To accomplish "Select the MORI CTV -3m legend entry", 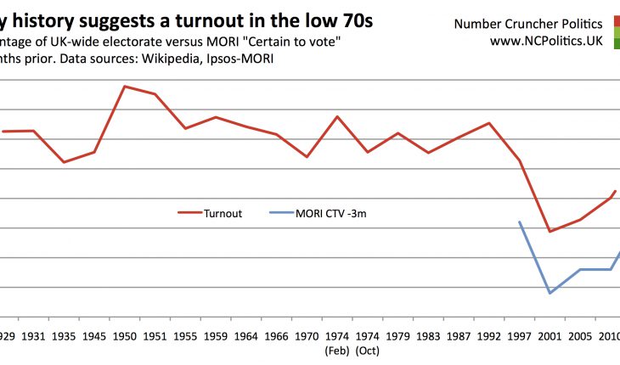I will tap(332, 214).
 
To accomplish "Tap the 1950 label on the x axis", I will tap(125, 337).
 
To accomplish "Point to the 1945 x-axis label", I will tap(94, 337).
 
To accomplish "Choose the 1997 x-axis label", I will tap(519, 337).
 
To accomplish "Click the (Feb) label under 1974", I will tap(337, 350).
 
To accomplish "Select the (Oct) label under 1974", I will tap(368, 350).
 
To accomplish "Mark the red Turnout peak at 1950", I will tap(125, 86).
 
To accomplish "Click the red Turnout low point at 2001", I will tap(550, 231).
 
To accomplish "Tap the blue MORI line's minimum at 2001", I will tap(550, 293).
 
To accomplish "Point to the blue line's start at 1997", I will tap(519, 222).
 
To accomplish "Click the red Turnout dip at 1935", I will tap(64, 162).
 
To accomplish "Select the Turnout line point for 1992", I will tap(489, 123).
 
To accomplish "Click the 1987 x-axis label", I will tap(459, 337).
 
